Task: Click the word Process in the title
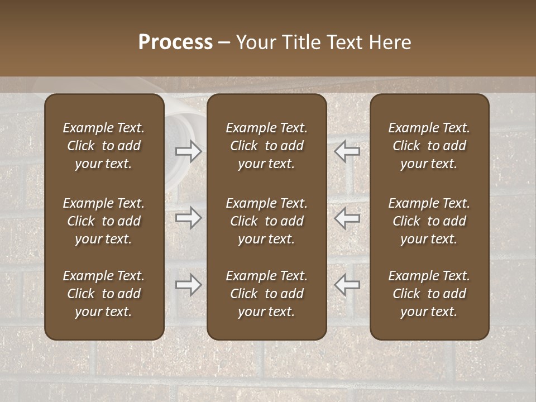click(175, 42)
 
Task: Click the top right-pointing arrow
click(188, 151)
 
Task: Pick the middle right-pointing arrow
click(188, 218)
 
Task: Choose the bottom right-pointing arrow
click(188, 285)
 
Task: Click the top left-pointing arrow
click(347, 151)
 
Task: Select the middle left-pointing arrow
click(347, 218)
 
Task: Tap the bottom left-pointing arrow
click(347, 285)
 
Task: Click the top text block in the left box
click(104, 146)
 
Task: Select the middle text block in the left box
click(104, 221)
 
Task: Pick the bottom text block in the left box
click(104, 294)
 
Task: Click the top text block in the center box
click(267, 146)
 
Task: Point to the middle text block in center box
click(267, 221)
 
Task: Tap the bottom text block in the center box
click(267, 294)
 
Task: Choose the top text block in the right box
click(429, 146)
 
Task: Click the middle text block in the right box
click(429, 221)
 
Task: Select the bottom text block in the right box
click(429, 294)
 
